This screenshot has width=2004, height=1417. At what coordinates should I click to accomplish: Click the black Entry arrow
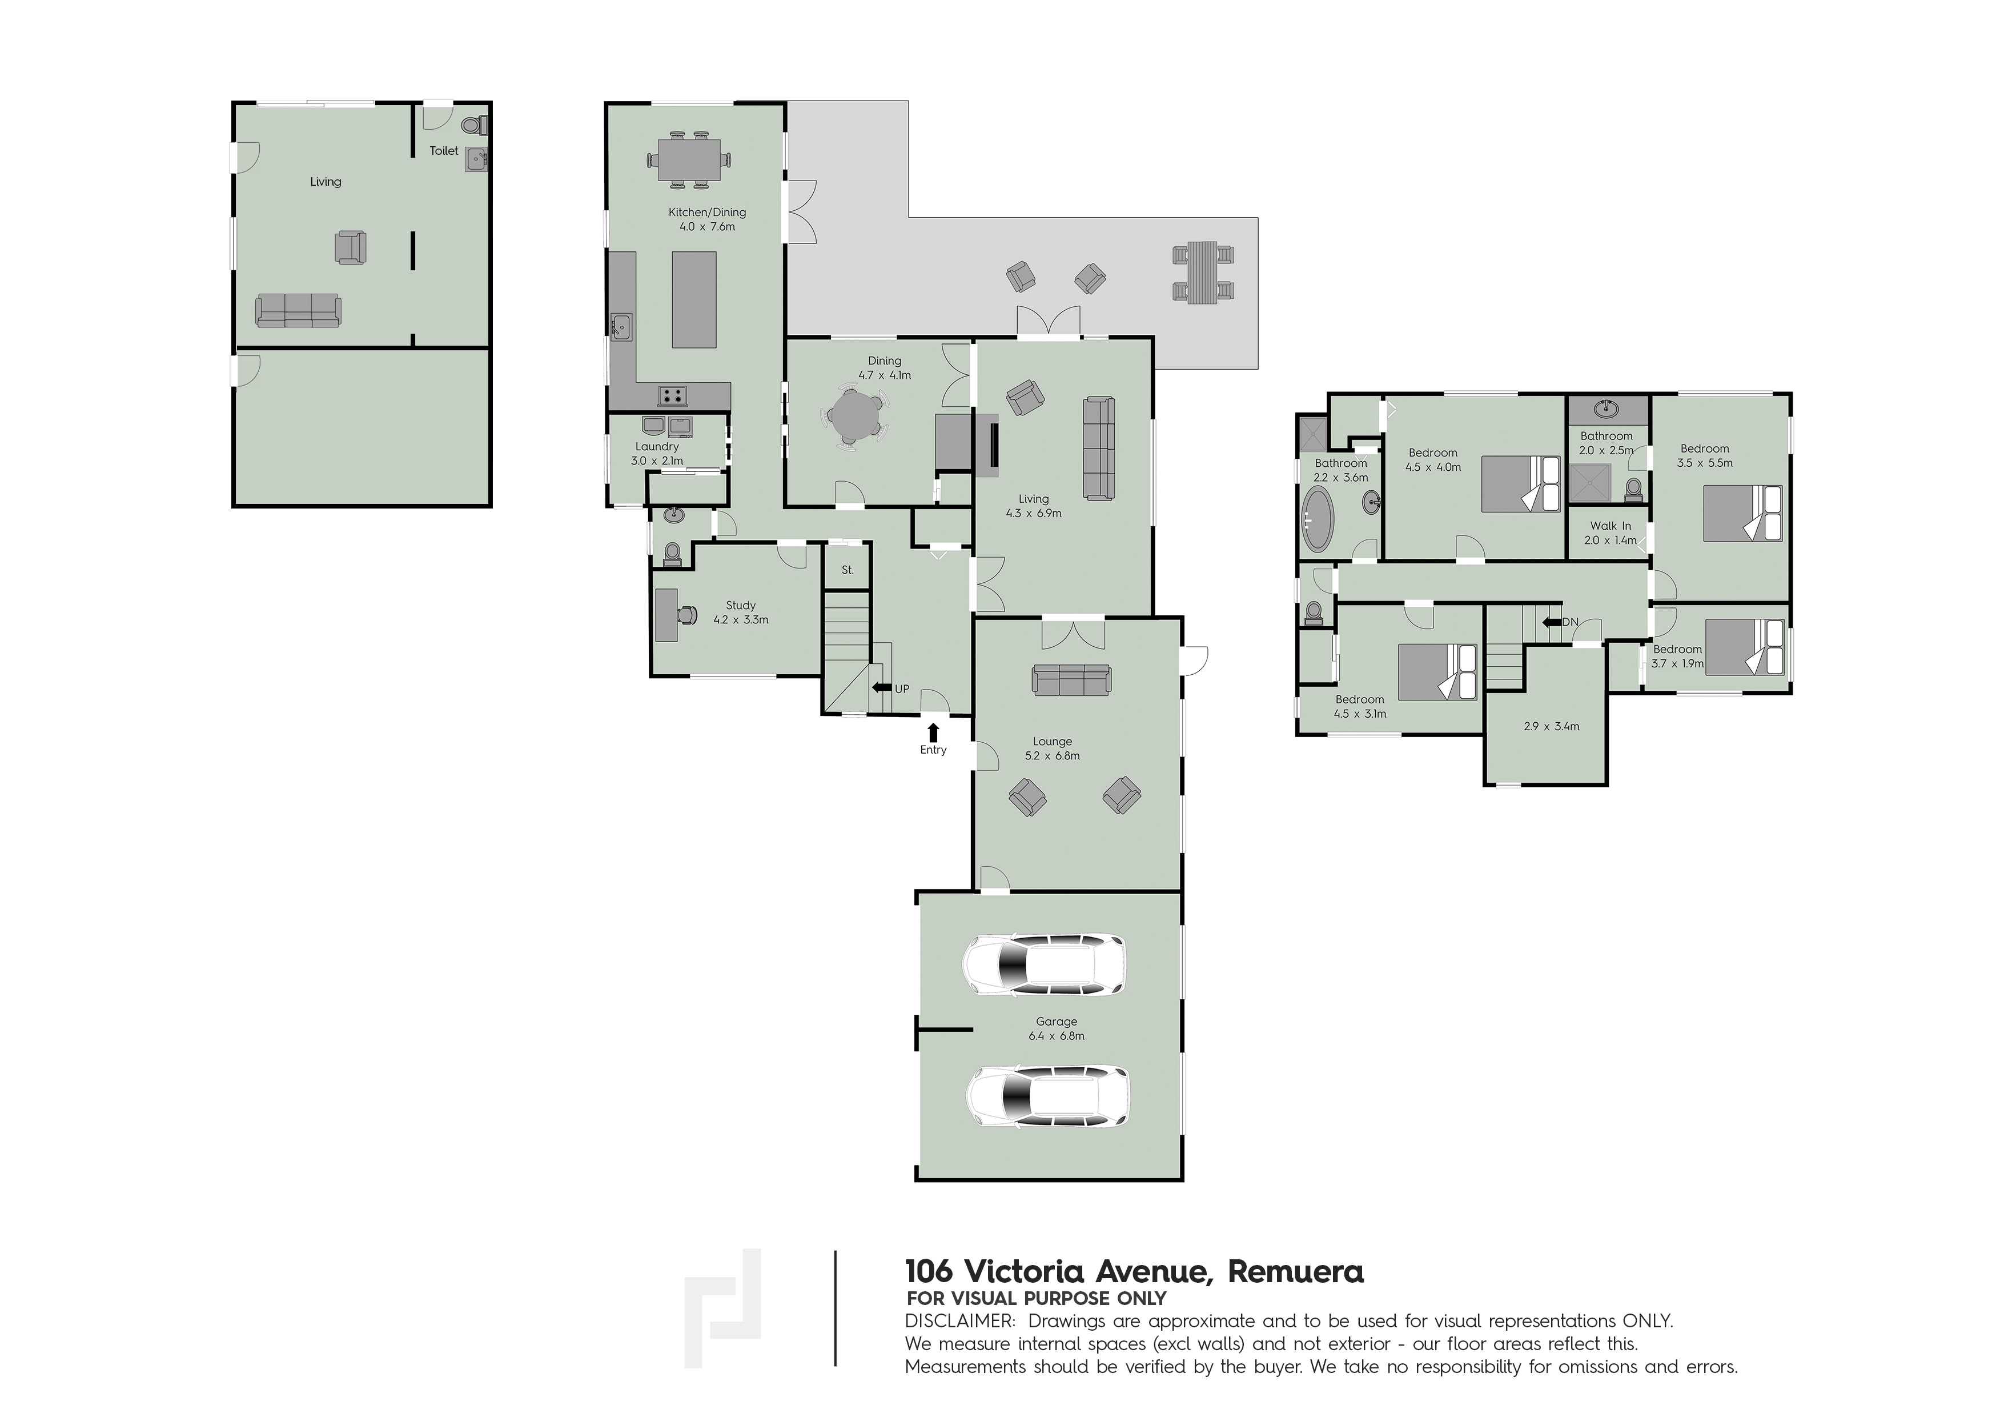click(x=933, y=731)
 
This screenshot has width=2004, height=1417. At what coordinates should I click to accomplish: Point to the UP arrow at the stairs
click(x=882, y=688)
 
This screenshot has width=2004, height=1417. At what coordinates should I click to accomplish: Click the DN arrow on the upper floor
click(x=1552, y=622)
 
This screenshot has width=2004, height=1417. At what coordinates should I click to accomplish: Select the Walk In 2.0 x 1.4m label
click(x=1611, y=533)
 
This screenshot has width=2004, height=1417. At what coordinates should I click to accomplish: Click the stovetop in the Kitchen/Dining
click(x=672, y=395)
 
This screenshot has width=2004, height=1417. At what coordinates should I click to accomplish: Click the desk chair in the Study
click(x=688, y=615)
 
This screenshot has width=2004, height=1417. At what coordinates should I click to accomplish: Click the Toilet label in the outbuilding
click(x=443, y=150)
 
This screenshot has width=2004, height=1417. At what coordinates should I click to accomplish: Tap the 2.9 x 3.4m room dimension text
click(x=1551, y=726)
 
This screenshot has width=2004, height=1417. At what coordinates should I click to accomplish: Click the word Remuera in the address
click(x=1295, y=1271)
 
